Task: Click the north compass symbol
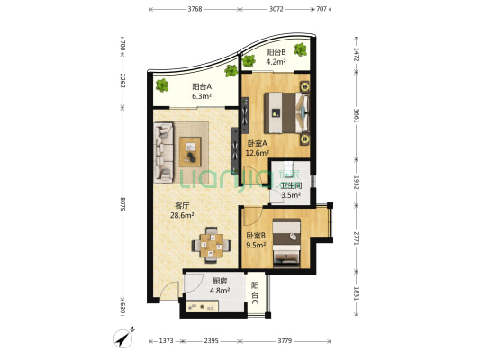pos(123,338)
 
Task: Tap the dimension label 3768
pos(195,9)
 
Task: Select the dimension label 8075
pos(122,203)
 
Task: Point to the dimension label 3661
pos(356,115)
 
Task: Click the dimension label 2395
pos(212,340)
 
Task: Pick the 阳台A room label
pos(202,87)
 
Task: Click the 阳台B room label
pos(276,52)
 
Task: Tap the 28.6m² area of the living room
pos(182,215)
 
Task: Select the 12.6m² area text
pos(258,153)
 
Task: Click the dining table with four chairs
pos(212,246)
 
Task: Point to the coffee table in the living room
pos(190,152)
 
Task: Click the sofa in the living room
pos(164,152)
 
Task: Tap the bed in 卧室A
pos(286,112)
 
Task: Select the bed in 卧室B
pos(286,241)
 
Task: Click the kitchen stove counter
pos(203,307)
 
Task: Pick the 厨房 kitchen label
pos(220,281)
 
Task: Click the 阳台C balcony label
pos(255,293)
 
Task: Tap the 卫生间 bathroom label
pos(292,185)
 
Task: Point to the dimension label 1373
pos(167,340)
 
